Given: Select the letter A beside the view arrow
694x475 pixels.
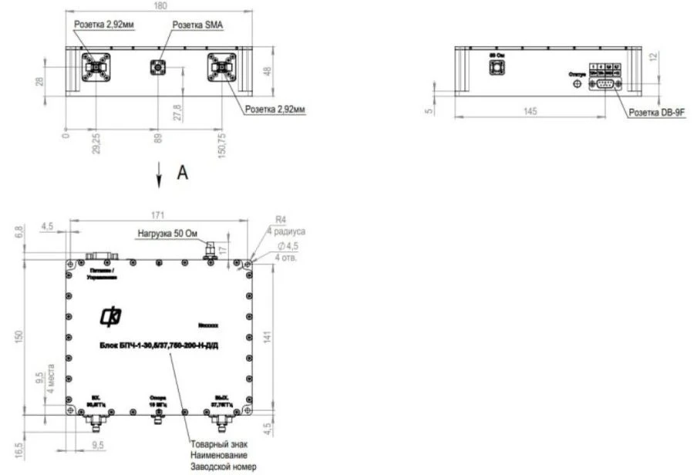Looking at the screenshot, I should click(182, 174).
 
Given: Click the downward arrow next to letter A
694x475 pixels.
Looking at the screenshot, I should click(160, 175).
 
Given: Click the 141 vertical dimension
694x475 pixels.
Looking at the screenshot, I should click(266, 336).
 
